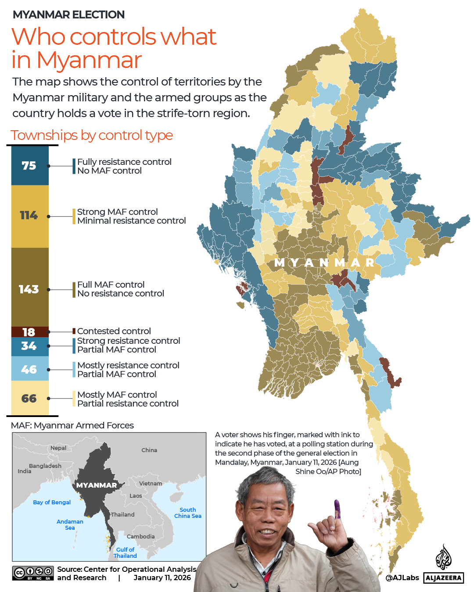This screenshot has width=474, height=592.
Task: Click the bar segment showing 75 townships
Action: [x=29, y=165]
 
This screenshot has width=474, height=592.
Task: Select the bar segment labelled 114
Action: [x=29, y=216]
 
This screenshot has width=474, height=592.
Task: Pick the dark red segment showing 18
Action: [x=29, y=332]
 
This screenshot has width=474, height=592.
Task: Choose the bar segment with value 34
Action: [x=29, y=346]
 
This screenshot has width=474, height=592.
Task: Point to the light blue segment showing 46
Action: [x=29, y=369]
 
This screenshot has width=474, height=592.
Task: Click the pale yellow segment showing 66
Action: [x=29, y=398]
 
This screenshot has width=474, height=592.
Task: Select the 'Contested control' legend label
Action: [x=114, y=331]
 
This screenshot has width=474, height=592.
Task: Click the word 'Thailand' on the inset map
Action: [x=123, y=514]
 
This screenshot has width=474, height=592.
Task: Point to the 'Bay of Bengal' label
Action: [x=52, y=502]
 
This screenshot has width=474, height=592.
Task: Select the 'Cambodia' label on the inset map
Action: [x=140, y=536]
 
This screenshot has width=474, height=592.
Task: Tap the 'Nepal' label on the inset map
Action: [x=58, y=448]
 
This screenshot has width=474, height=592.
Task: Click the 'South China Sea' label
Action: [x=188, y=513]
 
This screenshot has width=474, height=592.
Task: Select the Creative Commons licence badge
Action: [x=33, y=573]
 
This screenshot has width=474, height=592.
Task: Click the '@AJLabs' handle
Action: [x=402, y=578]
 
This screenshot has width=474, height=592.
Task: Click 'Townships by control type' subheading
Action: [x=92, y=135]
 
